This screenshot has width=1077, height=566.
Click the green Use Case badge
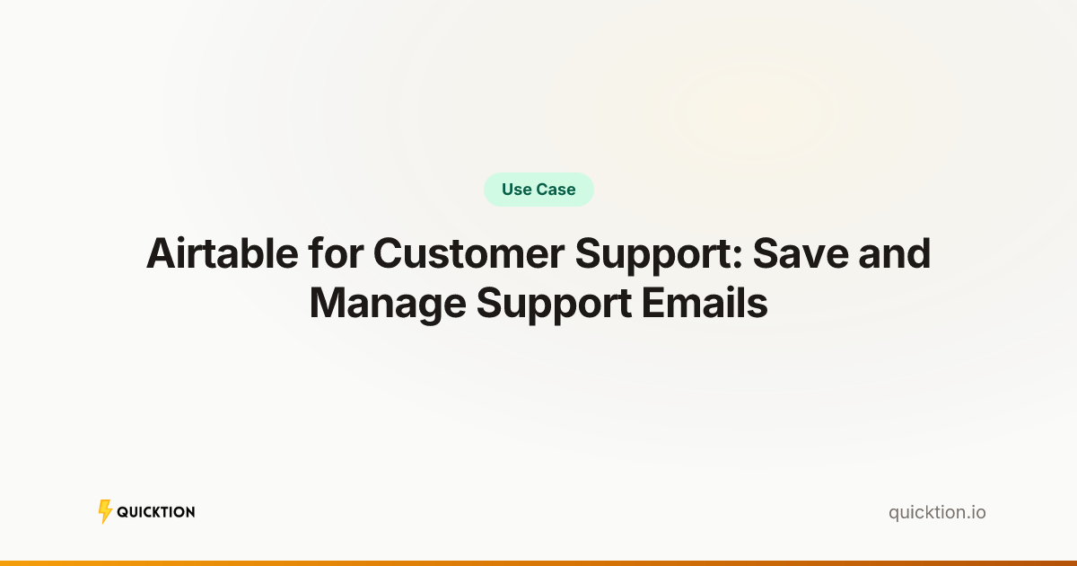pyautogui.click(x=538, y=190)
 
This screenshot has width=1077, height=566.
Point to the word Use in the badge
pyautogui.click(x=517, y=190)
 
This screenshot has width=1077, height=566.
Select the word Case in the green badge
pyautogui.click(x=556, y=190)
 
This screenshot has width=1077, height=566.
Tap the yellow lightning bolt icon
pyautogui.click(x=105, y=511)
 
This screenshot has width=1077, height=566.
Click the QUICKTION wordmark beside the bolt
pyautogui.click(x=156, y=512)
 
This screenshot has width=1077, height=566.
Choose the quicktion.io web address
pyautogui.click(x=937, y=512)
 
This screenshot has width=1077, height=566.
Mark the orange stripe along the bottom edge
pyautogui.click(x=538, y=562)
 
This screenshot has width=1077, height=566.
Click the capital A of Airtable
pyautogui.click(x=162, y=255)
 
